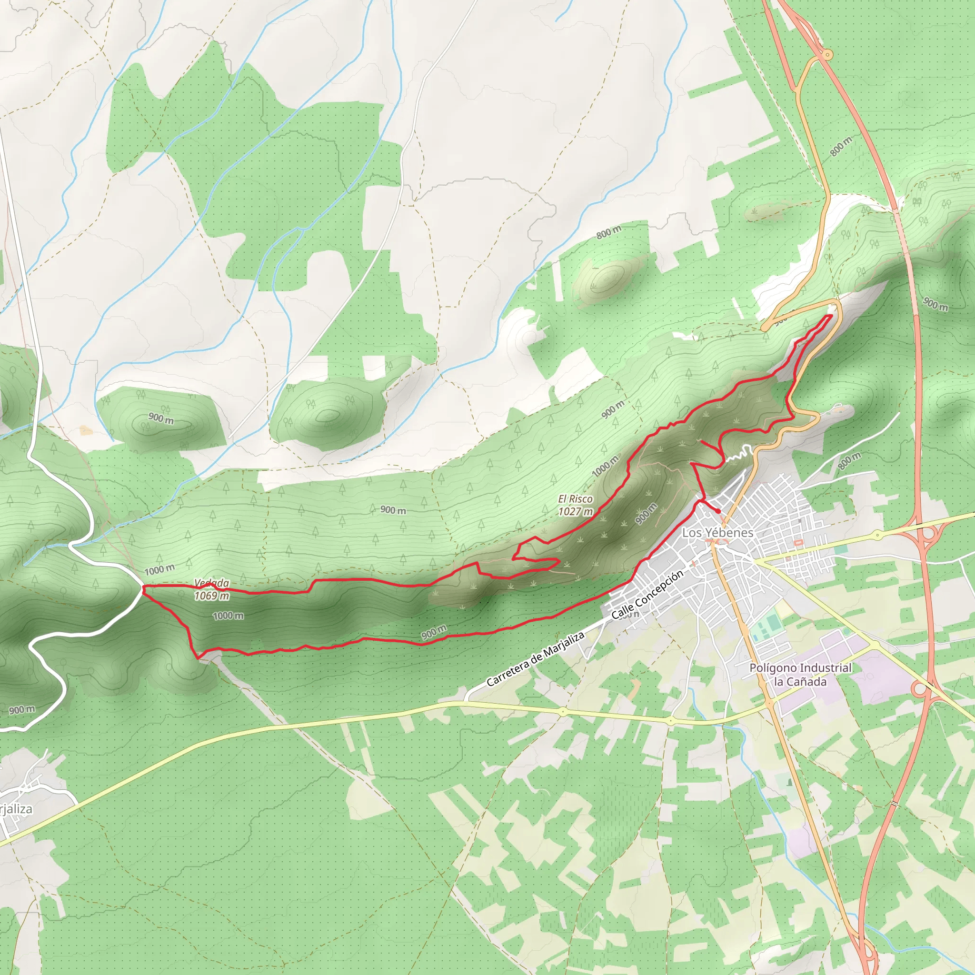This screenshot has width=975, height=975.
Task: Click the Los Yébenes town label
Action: click(717, 533)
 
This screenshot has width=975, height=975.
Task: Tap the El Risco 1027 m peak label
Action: click(575, 505)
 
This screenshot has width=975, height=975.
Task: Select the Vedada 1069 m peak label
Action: click(212, 589)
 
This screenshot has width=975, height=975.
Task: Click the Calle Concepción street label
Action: click(647, 595)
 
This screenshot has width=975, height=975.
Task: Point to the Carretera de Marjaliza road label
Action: click(536, 659)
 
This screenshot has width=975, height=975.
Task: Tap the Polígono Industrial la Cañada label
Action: click(800, 675)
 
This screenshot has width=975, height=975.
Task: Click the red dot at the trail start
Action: click(718, 511)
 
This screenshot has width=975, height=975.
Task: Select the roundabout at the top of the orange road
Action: click(827, 54)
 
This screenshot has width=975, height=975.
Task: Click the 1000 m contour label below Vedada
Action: click(228, 616)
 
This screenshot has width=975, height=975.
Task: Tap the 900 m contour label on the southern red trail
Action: click(434, 631)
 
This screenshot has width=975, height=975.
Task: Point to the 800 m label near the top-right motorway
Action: click(841, 146)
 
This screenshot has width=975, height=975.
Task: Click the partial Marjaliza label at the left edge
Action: click(15, 809)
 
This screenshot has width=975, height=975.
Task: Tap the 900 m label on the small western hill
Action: click(161, 418)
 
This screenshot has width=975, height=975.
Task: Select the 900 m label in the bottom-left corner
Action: click(22, 710)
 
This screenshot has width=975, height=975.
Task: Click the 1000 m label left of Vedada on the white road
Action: click(159, 570)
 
